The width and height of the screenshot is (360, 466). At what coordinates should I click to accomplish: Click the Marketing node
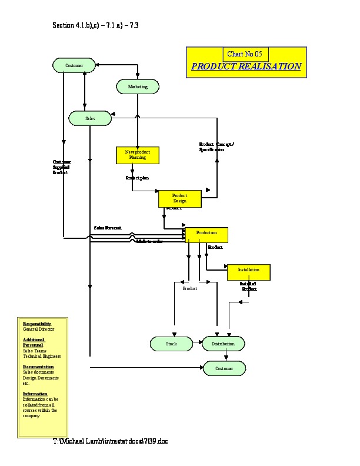(x=138, y=87)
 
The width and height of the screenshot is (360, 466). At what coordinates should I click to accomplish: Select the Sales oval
(x=90, y=118)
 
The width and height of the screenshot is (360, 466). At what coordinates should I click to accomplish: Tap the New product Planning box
(x=138, y=155)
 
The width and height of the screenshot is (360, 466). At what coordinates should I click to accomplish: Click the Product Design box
(x=179, y=198)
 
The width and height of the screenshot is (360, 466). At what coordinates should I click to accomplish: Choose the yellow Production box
(x=206, y=235)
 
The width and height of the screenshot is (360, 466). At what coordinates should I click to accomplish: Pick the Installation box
(x=248, y=272)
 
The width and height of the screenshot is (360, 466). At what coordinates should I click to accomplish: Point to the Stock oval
(x=171, y=344)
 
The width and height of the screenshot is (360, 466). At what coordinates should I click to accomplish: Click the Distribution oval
(x=223, y=344)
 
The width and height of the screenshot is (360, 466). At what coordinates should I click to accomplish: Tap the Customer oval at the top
(x=74, y=65)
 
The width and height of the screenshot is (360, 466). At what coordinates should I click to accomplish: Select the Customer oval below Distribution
(x=224, y=368)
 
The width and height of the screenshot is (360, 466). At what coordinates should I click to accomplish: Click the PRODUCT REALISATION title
(x=246, y=66)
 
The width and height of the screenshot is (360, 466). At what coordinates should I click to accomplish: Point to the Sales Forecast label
(x=108, y=227)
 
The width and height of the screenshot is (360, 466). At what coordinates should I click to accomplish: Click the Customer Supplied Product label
(x=61, y=167)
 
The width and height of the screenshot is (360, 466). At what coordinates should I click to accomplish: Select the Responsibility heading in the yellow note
(x=37, y=324)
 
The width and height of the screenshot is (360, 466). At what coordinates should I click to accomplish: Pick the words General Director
(x=39, y=329)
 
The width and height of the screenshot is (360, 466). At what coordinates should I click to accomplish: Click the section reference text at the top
(x=95, y=26)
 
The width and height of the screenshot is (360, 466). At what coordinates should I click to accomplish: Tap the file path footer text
(x=111, y=441)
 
